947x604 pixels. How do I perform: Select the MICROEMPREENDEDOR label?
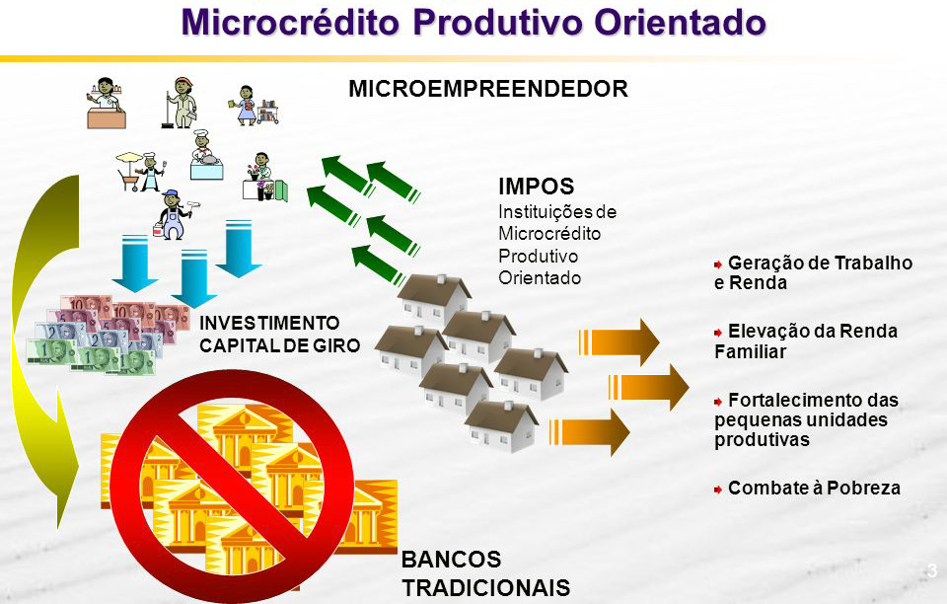[x=488, y=89]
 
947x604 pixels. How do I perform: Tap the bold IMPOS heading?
[x=536, y=187]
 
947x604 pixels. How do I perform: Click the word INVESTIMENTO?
[x=269, y=323]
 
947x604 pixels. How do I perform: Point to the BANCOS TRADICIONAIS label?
[x=486, y=573]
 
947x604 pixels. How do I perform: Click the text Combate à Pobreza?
[x=814, y=488]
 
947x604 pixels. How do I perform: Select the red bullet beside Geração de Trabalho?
[x=718, y=264]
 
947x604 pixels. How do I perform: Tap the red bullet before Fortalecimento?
[x=718, y=402]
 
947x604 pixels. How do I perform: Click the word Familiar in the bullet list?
[x=750, y=351]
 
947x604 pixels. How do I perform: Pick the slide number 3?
[x=932, y=570]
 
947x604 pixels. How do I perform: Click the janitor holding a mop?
[x=180, y=103]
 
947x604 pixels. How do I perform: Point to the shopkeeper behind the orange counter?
[x=107, y=104]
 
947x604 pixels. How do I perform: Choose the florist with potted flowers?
[x=264, y=177]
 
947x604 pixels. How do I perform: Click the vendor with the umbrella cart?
[x=141, y=172]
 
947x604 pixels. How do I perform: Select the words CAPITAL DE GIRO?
[x=279, y=345]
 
